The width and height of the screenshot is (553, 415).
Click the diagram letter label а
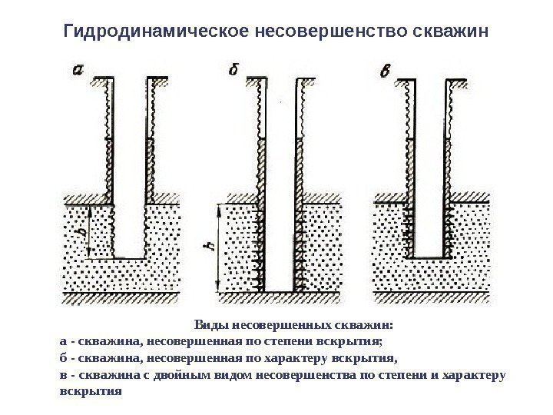point(78,70)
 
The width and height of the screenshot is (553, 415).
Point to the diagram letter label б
point(236,71)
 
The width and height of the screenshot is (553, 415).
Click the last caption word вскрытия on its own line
point(90,390)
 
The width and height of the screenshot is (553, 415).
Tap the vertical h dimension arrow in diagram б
point(219,247)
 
